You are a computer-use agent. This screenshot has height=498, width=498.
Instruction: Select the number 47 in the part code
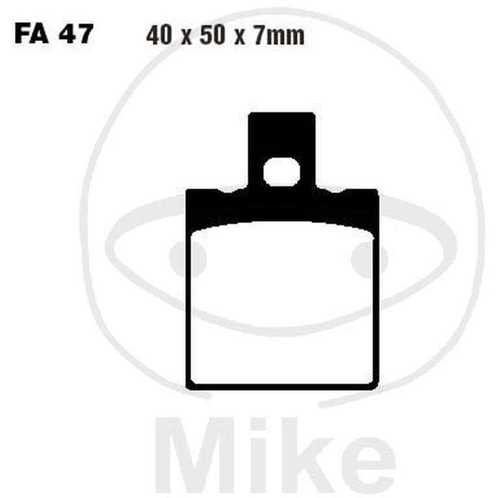77,34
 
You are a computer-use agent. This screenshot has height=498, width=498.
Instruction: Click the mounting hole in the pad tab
282,172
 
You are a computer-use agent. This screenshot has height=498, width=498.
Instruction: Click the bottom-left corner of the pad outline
190,386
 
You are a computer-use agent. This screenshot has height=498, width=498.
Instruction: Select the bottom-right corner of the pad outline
374,386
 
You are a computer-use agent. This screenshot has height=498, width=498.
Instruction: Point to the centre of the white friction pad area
282,305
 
